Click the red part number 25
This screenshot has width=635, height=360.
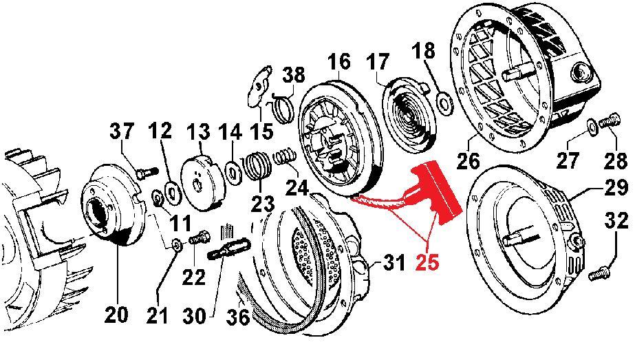tap(428, 262)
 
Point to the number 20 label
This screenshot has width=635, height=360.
tap(116, 315)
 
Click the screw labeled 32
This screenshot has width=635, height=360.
tap(599, 273)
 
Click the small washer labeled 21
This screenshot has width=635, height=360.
tap(176, 244)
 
